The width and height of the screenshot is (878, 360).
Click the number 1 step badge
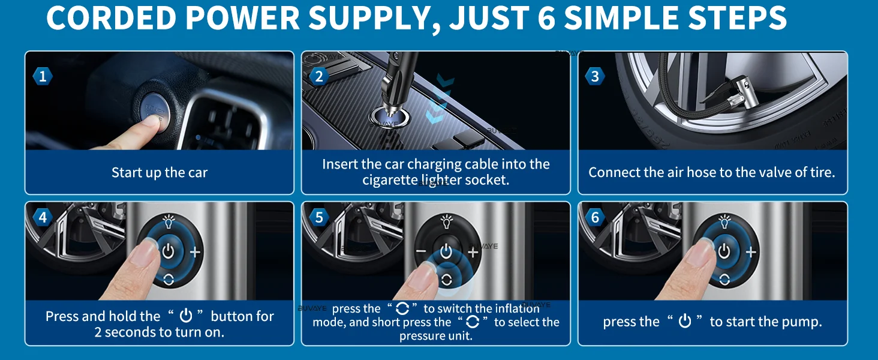point(43,76)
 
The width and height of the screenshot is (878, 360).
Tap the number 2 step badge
point(319,76)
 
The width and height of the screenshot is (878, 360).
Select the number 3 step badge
point(595,76)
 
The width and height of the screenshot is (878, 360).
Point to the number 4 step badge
point(43,217)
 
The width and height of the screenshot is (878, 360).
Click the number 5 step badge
point(319,217)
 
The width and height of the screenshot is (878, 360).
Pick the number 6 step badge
point(595,217)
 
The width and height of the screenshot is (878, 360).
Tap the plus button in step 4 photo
point(195,252)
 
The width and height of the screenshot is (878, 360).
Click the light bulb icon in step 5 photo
point(446,221)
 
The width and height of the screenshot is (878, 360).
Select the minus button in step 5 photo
point(420,251)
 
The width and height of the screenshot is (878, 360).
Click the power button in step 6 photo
point(724,251)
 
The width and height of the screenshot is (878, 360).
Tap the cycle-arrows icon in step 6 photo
point(724,280)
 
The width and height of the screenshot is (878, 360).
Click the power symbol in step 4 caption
point(186,315)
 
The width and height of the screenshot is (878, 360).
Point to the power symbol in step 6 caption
point(685,321)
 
